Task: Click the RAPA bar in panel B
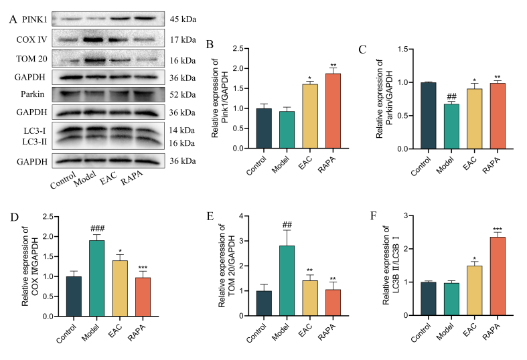(329, 111)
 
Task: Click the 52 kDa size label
(184, 94)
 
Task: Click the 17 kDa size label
(184, 39)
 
